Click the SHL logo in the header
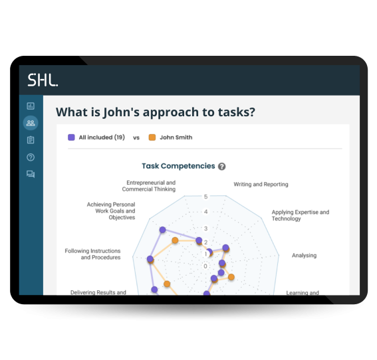point(43,80)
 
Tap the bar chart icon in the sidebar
point(31,106)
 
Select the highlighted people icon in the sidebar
point(31,123)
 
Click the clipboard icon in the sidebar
point(31,139)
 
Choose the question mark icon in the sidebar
point(31,157)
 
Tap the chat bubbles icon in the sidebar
point(31,174)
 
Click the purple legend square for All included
point(71,137)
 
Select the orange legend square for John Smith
point(152,137)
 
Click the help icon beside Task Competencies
point(221,167)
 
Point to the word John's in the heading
point(121,112)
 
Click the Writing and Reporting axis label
point(261,184)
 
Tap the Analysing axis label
point(304,255)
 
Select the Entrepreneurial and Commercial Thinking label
point(149,186)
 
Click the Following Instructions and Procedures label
point(93,254)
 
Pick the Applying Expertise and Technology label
point(301,215)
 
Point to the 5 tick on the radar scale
point(206,197)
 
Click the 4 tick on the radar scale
point(206,212)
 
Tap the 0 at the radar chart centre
point(205,266)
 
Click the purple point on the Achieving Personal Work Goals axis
point(163,230)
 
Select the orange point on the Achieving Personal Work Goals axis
point(175,240)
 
